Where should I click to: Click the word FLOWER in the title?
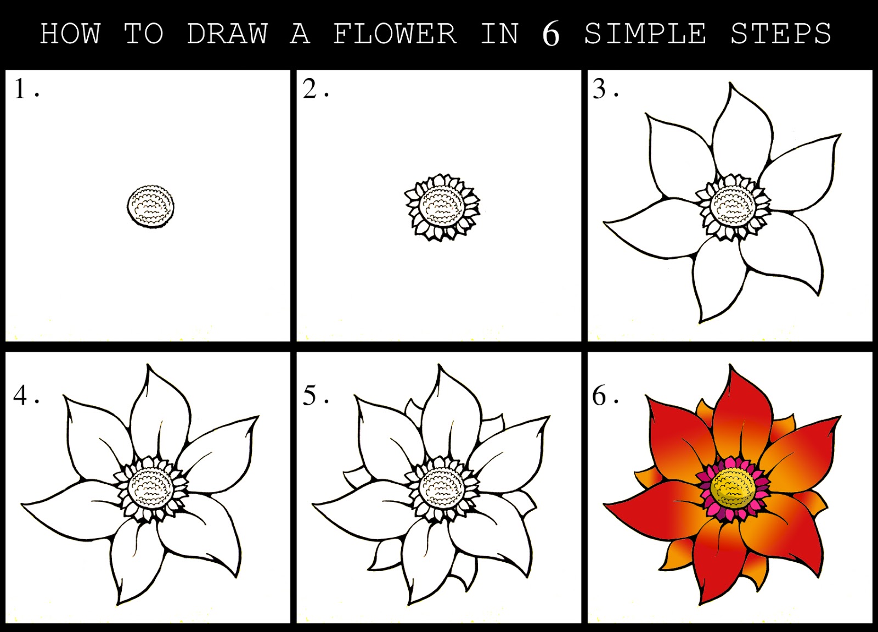tap(395, 34)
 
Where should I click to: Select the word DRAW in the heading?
tap(227, 34)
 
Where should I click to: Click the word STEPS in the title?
tap(780, 34)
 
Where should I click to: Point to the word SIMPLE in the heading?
tap(645, 34)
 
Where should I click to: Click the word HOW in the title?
tap(70, 34)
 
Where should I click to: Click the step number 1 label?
tap(21, 89)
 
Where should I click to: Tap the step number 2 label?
tap(310, 89)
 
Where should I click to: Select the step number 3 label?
tap(600, 89)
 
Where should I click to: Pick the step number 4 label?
tap(21, 395)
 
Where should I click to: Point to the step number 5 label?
tap(310, 395)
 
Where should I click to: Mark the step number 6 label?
tap(600, 395)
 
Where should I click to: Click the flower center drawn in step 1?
tap(151, 206)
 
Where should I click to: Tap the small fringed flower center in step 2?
tap(442, 208)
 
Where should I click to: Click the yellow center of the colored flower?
tap(733, 486)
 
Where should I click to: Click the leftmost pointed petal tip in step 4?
tap(23, 504)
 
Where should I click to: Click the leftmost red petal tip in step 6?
tap(605, 504)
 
